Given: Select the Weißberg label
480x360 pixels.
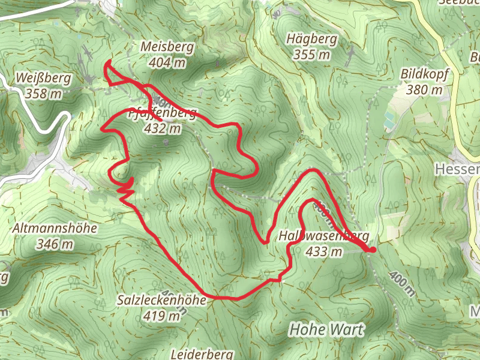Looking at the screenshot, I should click(x=44, y=78).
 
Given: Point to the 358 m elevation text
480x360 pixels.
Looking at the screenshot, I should click(x=44, y=94).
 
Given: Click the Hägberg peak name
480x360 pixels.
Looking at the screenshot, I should click(x=312, y=40).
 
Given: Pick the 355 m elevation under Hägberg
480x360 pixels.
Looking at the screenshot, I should click(x=312, y=55).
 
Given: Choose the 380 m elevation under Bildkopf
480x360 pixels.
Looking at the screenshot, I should click(x=424, y=90).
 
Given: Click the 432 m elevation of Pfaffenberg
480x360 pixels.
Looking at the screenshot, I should click(x=163, y=128).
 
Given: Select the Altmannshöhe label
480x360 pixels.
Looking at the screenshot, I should click(x=55, y=229).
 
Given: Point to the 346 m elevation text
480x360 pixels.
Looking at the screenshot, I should click(x=55, y=244).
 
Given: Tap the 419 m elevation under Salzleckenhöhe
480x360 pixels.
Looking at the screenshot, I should click(x=162, y=315).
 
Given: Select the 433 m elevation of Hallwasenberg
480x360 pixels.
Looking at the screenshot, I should click(x=325, y=252).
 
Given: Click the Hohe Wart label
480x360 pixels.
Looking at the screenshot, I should click(x=327, y=329).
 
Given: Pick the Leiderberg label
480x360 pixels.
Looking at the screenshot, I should click(x=202, y=354).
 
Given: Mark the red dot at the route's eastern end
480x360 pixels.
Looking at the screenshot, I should click(x=372, y=250).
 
